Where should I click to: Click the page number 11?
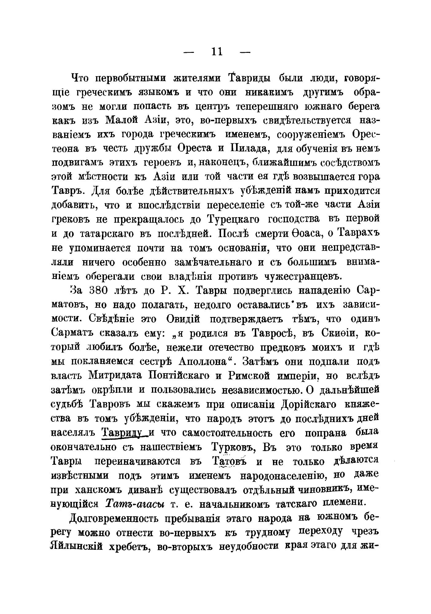pos(217,52)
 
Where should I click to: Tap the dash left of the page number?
pos(188,53)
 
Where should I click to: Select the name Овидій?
pos(183,319)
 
